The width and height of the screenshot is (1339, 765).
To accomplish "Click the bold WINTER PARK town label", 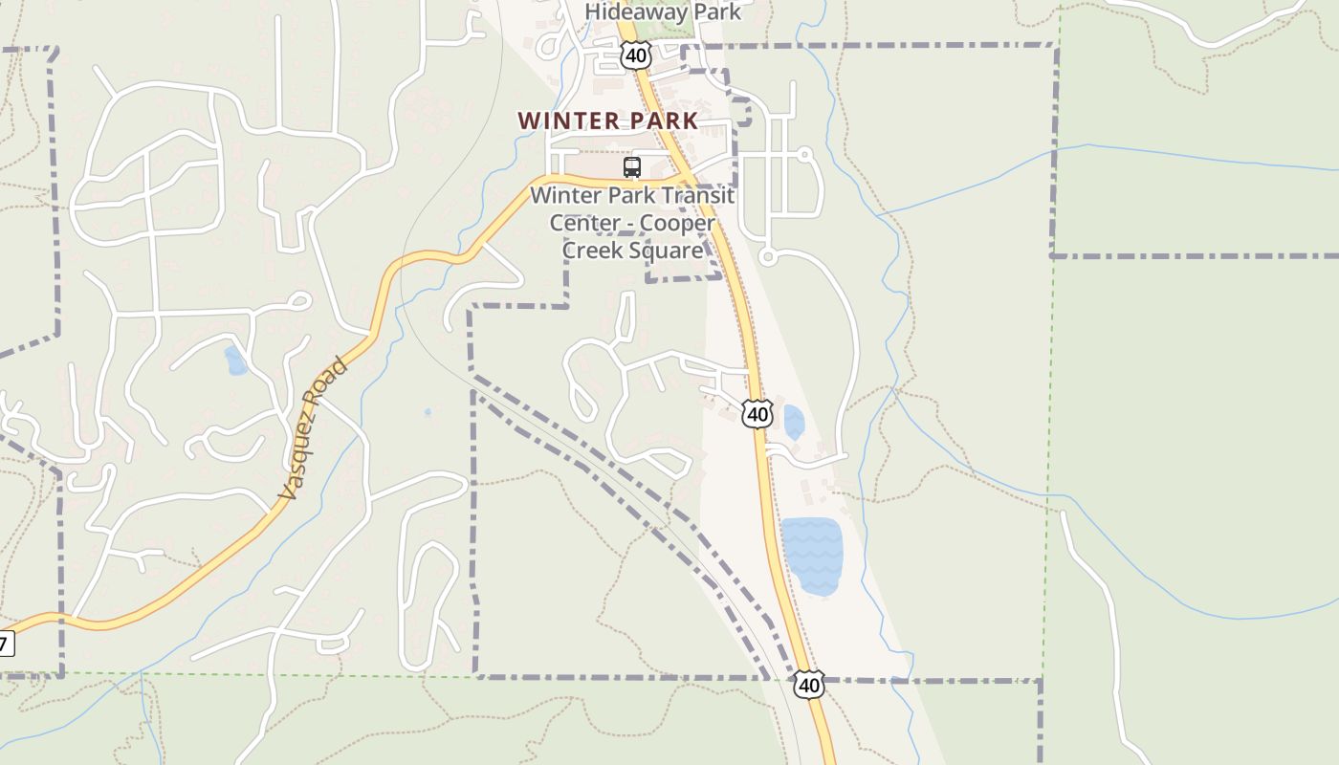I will (608, 121).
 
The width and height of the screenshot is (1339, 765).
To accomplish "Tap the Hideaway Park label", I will (663, 11).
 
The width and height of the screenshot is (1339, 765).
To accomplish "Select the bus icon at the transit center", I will (631, 167).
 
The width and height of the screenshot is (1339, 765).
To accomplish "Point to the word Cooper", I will (677, 223).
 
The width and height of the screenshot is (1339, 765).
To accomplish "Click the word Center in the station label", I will (584, 223).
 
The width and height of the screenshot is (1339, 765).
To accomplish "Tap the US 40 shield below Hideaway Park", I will (635, 55).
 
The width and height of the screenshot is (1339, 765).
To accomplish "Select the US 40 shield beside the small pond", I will (757, 414).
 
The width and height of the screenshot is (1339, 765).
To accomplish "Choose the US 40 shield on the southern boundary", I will (809, 685).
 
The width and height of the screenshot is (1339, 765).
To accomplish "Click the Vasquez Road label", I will (313, 429).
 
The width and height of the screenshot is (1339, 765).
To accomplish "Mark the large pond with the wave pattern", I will (813, 556).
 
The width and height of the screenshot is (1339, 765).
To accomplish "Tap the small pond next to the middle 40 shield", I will (794, 422).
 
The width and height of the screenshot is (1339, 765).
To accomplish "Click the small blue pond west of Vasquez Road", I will (235, 361).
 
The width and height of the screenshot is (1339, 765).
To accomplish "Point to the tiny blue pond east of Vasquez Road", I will (428, 413).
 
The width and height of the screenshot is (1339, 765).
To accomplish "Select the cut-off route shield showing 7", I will (6, 644).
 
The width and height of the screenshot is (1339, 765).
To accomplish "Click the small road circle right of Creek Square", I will (767, 256).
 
